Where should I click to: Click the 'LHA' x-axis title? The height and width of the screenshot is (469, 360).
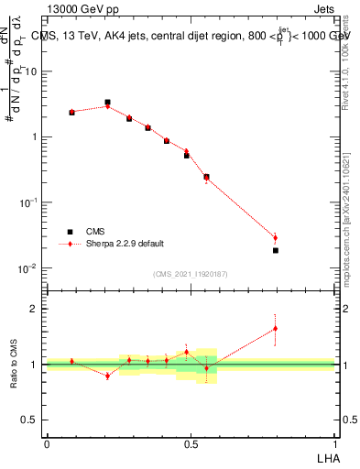click(325, 456)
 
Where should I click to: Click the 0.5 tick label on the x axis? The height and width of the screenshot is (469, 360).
click(191, 442)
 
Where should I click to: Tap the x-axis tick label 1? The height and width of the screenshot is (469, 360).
click(334, 442)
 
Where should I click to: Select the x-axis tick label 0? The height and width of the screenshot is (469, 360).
click(47, 442)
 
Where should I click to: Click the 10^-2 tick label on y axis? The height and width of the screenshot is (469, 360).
click(27, 268)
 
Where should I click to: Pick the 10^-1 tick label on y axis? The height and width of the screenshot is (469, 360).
click(27, 202)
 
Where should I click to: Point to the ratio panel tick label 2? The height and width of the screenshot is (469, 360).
click(34, 309)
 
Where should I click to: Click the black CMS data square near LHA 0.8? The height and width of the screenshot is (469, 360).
click(275, 250)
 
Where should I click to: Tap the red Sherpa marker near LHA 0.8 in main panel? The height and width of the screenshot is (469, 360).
click(275, 238)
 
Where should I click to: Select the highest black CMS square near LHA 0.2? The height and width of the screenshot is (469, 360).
click(107, 103)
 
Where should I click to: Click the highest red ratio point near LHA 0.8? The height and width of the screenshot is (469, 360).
click(275, 328)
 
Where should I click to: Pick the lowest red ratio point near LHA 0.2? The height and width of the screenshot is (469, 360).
click(107, 376)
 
